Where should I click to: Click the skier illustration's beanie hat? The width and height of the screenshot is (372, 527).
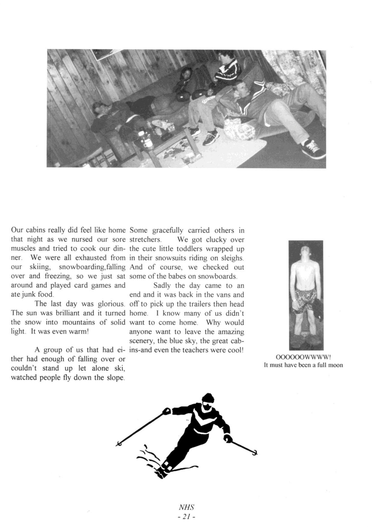point(208,398)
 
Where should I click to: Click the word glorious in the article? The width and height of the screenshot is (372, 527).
point(113,304)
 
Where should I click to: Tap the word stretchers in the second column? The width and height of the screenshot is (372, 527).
point(145,239)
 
